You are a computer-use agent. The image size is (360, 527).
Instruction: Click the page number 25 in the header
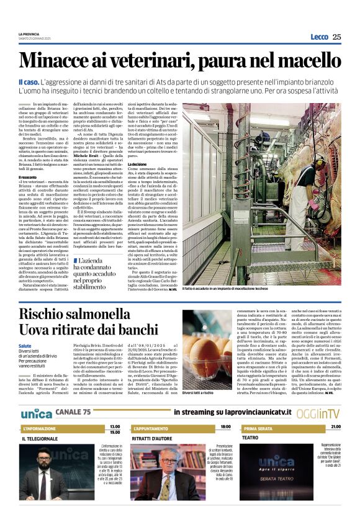(x=336, y=37)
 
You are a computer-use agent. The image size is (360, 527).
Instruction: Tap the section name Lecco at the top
(x=319, y=37)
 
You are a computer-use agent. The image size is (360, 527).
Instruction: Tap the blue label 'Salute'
(x=25, y=345)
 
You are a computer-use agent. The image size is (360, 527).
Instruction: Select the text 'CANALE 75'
(x=75, y=395)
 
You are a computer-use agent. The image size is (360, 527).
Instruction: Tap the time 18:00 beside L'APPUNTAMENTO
(x=225, y=410)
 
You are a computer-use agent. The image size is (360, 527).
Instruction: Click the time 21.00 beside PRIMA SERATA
(x=336, y=410)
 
